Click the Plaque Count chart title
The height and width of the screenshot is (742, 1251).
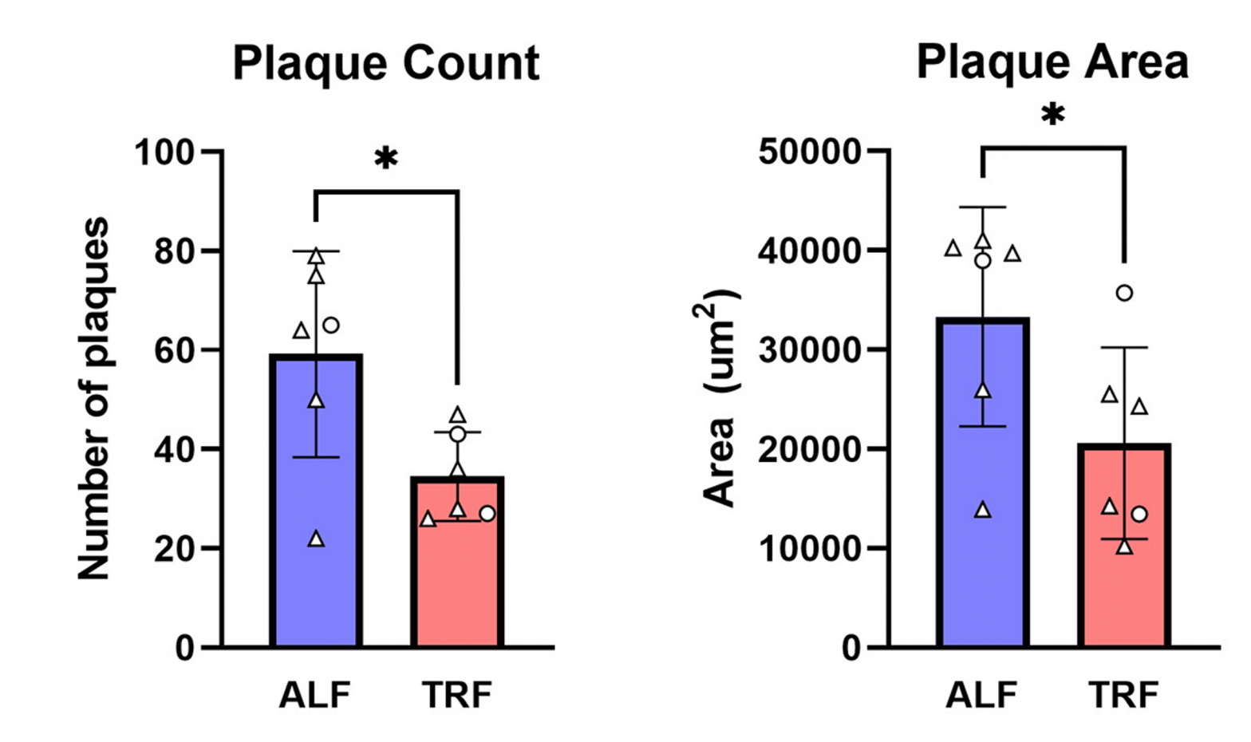pyautogui.click(x=386, y=63)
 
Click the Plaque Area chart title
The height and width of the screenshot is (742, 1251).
pyautogui.click(x=1052, y=61)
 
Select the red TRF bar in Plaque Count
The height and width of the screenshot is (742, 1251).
pyautogui.click(x=457, y=574)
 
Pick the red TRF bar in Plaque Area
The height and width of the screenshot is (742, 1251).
pyautogui.click(x=1124, y=574)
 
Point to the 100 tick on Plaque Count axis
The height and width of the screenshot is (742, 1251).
pyautogui.click(x=164, y=152)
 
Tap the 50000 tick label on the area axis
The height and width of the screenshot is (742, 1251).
pyautogui.click(x=810, y=152)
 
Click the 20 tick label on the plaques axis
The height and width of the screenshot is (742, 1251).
pyautogui.click(x=175, y=549)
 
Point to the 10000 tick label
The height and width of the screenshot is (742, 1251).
pyautogui.click(x=810, y=549)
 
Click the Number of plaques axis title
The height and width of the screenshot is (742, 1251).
pyautogui.click(x=93, y=399)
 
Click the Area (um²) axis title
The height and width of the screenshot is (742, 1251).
pyautogui.click(x=721, y=399)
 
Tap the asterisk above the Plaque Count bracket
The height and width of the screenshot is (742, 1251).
pyautogui.click(x=386, y=159)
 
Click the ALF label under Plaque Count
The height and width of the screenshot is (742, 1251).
pyautogui.click(x=315, y=695)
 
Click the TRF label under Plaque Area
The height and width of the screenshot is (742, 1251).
pyautogui.click(x=1123, y=695)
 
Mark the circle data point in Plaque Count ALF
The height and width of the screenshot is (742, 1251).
pyautogui.click(x=330, y=325)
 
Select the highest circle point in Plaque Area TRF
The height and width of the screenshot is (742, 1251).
pyautogui.click(x=1124, y=293)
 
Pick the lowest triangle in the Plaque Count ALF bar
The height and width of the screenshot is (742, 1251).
pyautogui.click(x=316, y=540)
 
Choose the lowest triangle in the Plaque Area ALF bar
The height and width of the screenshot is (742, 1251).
pyautogui.click(x=983, y=511)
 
